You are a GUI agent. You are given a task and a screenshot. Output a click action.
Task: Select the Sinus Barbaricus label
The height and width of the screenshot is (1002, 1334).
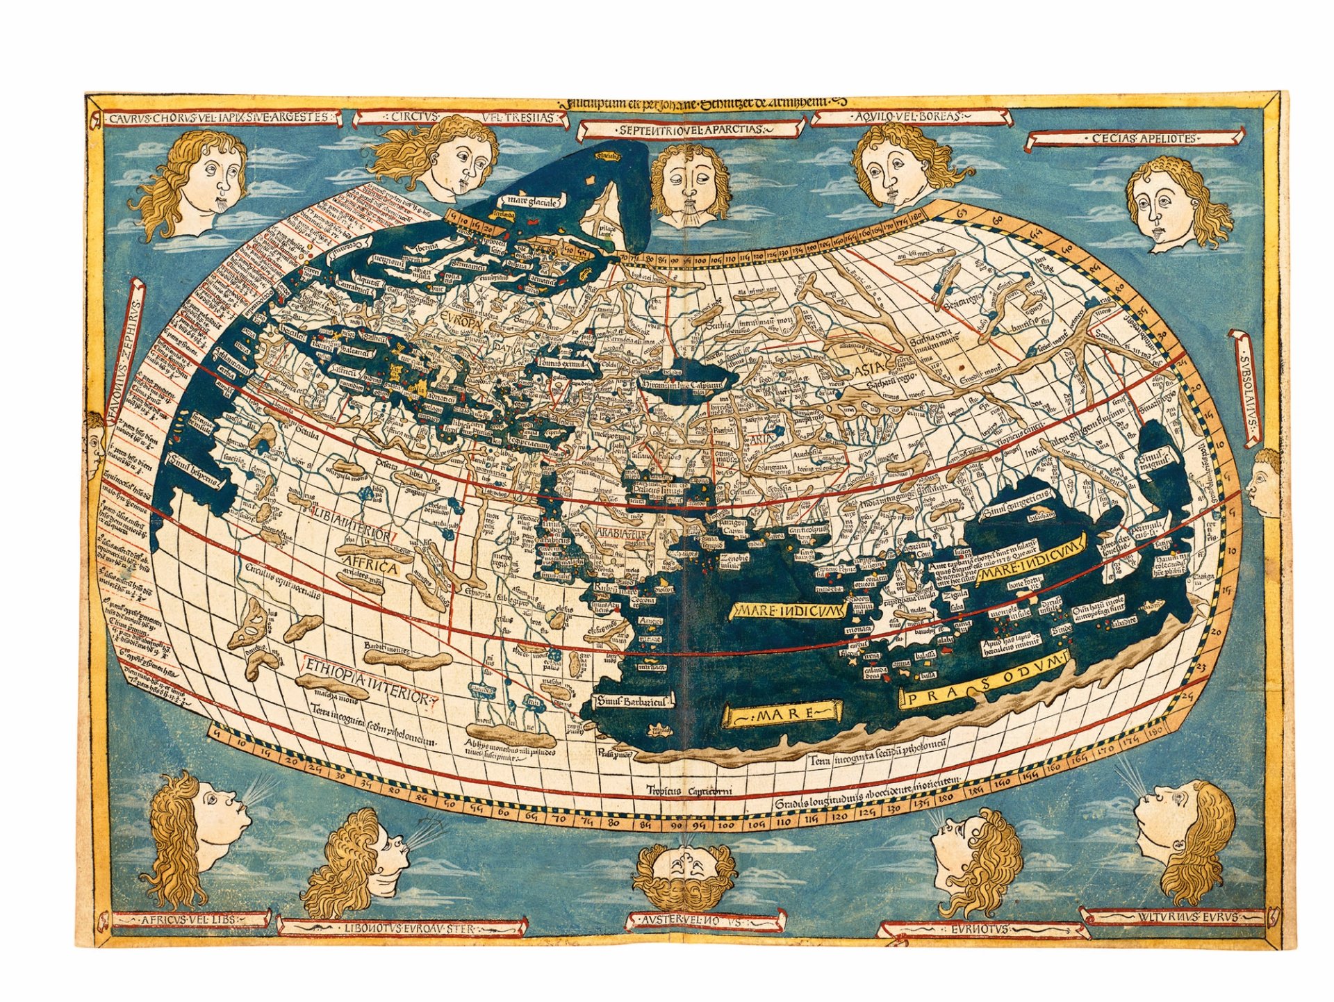tap(634, 702)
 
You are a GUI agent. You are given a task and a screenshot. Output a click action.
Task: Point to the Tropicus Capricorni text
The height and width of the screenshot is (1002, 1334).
tap(689, 791)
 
